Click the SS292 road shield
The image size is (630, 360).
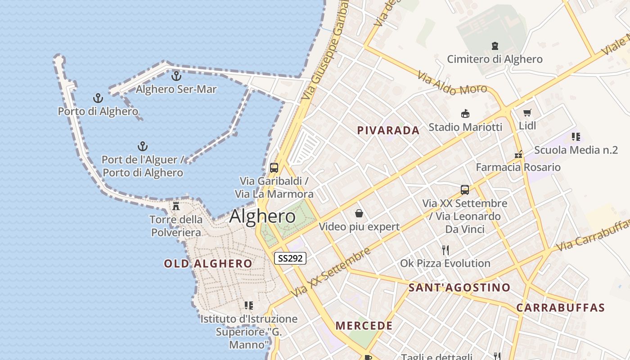pyautogui.click(x=290, y=258)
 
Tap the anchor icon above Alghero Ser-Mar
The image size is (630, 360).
pyautogui.click(x=176, y=76)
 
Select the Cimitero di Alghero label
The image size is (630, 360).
pyautogui.click(x=495, y=59)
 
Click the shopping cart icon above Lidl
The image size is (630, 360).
pyautogui.click(x=527, y=112)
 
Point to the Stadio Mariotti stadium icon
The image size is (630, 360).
pyautogui.click(x=465, y=114)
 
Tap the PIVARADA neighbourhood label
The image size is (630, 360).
pyautogui.click(x=388, y=130)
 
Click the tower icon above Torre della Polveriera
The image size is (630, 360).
pyautogui.click(x=176, y=206)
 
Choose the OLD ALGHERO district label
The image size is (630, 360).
pyautogui.click(x=208, y=264)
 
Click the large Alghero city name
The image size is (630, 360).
pyautogui.click(x=262, y=216)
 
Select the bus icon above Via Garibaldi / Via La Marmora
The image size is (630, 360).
pyautogui.click(x=274, y=168)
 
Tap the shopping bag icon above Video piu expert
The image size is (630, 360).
pyautogui.click(x=359, y=213)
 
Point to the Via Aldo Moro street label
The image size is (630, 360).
pyautogui.click(x=452, y=83)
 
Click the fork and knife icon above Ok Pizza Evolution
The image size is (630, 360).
pyautogui.click(x=445, y=250)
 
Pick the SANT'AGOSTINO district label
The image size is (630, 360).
pyautogui.click(x=459, y=288)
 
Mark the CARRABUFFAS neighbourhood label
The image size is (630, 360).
pyautogui.click(x=560, y=308)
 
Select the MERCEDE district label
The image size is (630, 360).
pyautogui.click(x=364, y=325)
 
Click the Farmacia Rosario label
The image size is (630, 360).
pyautogui.click(x=518, y=167)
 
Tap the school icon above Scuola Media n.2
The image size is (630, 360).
pyautogui.click(x=576, y=136)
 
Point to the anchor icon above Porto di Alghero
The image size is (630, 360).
pyautogui.click(x=98, y=98)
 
